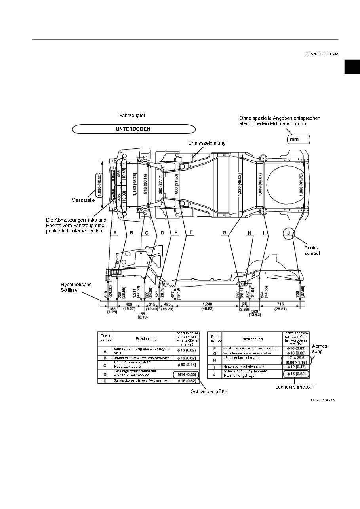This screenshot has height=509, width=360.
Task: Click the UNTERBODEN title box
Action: (134, 129)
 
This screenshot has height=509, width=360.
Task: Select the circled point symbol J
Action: (289, 233)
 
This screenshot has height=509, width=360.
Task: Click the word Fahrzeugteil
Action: (132, 116)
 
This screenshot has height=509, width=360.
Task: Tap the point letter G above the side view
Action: (225, 233)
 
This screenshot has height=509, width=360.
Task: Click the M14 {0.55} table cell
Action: (185, 374)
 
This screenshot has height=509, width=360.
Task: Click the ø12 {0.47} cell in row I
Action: (295, 367)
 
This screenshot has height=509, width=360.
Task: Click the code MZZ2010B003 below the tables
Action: (323, 400)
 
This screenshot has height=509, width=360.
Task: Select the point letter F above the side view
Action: (190, 233)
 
